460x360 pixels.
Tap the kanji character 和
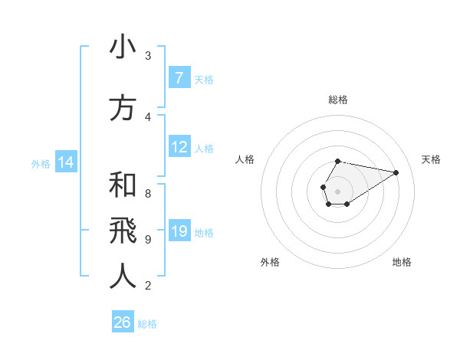[x=123, y=185]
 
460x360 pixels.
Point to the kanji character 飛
[x=123, y=231]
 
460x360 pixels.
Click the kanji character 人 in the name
[x=123, y=277]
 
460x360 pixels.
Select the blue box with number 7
[x=179, y=77]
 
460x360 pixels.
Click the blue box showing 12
[x=179, y=147]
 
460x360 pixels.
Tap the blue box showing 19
[x=179, y=231]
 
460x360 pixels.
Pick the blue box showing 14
[x=65, y=162]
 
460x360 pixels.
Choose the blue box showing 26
[x=123, y=322]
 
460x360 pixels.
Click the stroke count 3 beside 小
[x=148, y=55]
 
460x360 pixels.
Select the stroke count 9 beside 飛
[x=148, y=239]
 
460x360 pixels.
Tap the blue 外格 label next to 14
[x=41, y=163]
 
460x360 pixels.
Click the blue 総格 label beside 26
[x=148, y=324]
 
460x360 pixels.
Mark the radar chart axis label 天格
[x=432, y=159]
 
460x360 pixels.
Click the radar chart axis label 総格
[x=338, y=100]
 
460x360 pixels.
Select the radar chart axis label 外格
[x=270, y=262]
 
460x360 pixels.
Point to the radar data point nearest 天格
[x=396, y=172]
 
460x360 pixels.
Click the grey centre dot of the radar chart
[x=338, y=191]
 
